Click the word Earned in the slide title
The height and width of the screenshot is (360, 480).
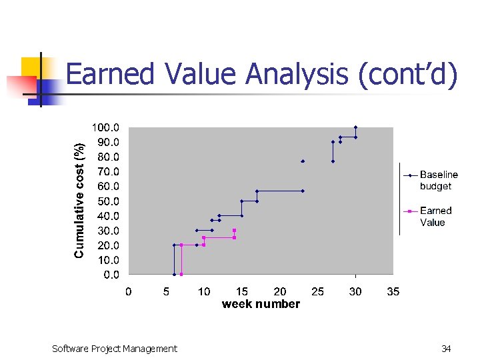tap(107, 74)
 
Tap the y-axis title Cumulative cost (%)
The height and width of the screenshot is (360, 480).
tap(79, 201)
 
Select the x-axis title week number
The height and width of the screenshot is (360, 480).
tap(261, 304)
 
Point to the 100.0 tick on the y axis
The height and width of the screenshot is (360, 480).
tap(105, 127)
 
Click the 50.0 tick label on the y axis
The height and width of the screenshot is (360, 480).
tap(107, 201)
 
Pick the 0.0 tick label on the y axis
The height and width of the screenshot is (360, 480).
tap(110, 275)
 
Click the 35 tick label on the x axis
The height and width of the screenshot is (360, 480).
tap(393, 291)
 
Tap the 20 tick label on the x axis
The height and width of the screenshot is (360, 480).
tap(280, 291)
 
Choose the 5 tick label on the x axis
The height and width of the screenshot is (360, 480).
tap(167, 291)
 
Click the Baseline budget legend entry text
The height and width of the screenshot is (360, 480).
tap(439, 181)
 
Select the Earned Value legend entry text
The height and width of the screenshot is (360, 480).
tap(436, 217)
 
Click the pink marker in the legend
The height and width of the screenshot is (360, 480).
tap(410, 211)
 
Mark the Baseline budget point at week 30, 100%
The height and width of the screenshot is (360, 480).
tap(355, 127)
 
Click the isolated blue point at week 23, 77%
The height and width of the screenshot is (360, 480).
tap(303, 161)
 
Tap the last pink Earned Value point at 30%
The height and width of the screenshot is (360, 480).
tap(234, 231)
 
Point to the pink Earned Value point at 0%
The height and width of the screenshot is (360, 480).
tap(181, 274)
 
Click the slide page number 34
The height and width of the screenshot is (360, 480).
tap(446, 348)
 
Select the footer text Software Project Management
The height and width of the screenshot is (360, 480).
tap(115, 348)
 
